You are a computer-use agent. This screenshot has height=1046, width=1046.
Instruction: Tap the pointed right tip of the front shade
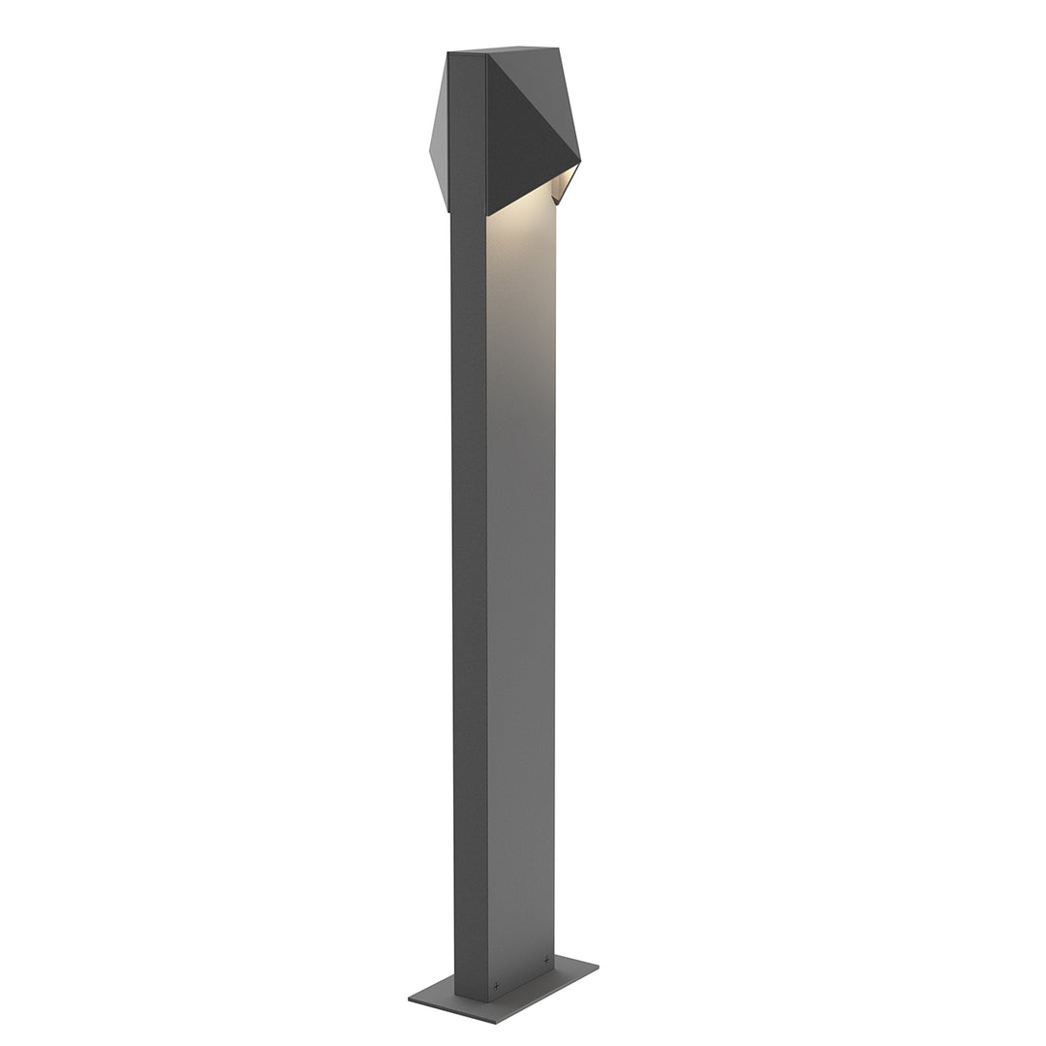[x=579, y=159]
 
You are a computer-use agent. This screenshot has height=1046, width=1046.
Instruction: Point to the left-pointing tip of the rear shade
[x=430, y=150]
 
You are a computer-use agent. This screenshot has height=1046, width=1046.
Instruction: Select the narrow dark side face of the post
[x=470, y=581]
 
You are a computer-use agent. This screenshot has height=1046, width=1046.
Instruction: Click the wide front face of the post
[x=521, y=581]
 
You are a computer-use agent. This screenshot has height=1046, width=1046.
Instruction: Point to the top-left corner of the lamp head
[x=448, y=54]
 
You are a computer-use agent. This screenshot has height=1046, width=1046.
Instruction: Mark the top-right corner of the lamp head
[x=559, y=46]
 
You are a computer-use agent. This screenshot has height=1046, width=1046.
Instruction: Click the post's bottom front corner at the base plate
[x=486, y=976]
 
